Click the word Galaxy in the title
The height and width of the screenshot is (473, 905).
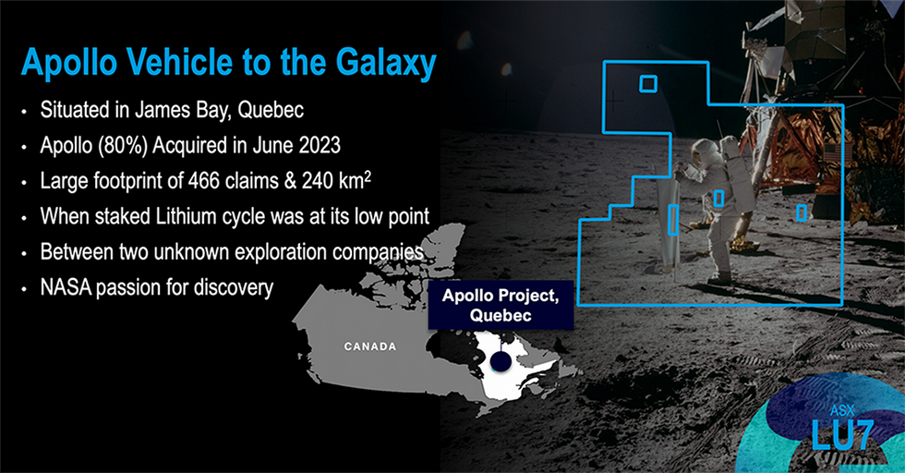coord(386,64)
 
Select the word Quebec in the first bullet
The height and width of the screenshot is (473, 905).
coord(271,110)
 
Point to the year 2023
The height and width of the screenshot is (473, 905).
coord(320,146)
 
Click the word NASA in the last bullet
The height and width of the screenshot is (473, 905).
coord(66,287)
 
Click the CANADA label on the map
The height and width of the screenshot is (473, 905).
coord(370,346)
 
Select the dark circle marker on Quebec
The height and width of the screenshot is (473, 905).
coord(500,361)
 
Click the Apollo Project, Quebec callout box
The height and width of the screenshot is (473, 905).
coord(501,305)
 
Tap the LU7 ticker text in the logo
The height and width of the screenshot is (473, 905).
coord(842,434)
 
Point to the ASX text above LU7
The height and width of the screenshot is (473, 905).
coord(842,411)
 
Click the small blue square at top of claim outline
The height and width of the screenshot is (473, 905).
coord(648,84)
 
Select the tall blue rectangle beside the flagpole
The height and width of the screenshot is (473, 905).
coord(673,220)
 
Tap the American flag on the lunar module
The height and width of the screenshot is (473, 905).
coord(832,153)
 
